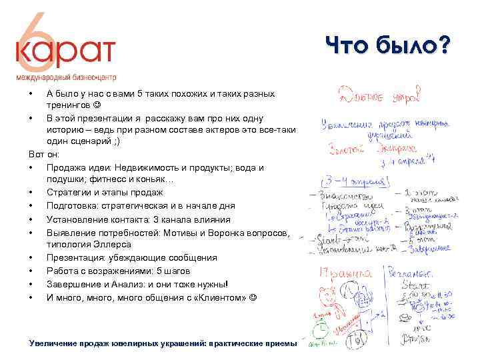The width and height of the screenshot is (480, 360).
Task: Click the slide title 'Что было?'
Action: pyautogui.click(x=387, y=47)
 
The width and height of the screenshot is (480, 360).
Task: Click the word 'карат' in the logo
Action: pyautogui.click(x=66, y=51)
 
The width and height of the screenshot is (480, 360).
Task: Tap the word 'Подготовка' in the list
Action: pyautogui.click(x=71, y=206)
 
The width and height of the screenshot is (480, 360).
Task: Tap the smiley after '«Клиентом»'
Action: pyautogui.click(x=252, y=297)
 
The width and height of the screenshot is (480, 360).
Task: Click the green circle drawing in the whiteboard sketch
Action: pyautogui.click(x=322, y=329)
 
